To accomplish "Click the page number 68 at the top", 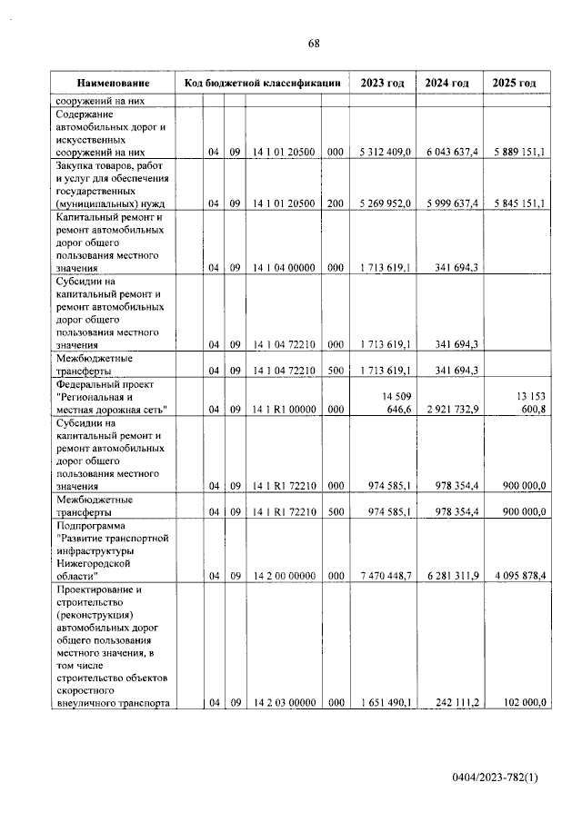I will click(314, 44).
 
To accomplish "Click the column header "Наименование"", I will click(113, 83).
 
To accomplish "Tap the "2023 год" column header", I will click(382, 83).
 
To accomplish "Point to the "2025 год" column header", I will click(514, 83).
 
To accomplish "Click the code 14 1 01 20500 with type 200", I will click(284, 203).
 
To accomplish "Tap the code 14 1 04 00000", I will click(284, 267).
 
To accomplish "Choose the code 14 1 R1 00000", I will click(284, 410).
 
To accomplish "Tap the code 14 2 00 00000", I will click(284, 576).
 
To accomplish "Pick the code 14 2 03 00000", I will click(284, 701).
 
